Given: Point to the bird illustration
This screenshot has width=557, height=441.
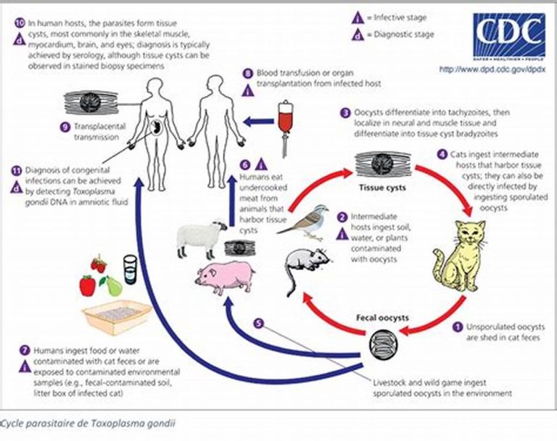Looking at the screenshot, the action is [305, 222].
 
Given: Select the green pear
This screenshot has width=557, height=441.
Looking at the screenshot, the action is [112, 286].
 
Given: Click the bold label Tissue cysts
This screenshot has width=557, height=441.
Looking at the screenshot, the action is [382, 188].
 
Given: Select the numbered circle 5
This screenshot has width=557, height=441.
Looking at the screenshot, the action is [259, 323].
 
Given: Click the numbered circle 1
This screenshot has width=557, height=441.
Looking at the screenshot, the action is [458, 327].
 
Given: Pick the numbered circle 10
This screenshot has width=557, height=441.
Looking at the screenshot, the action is [20, 23].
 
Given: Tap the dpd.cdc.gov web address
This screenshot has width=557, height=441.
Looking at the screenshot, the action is [492, 70].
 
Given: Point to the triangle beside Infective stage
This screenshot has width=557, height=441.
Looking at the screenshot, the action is [358, 17].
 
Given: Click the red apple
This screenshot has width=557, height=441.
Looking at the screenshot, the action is [87, 285].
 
